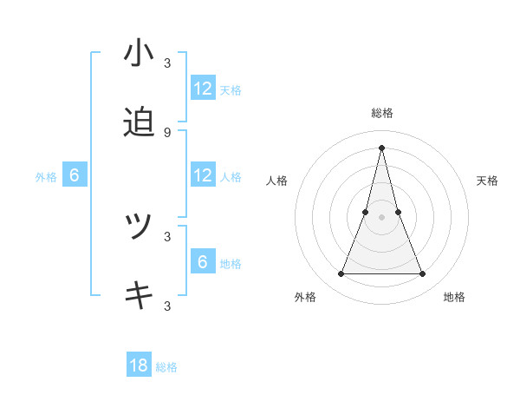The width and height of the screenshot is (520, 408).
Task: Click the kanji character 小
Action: tap(139, 53)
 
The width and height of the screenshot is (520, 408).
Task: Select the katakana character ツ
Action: tap(139, 227)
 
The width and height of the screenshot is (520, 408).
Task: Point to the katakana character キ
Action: tap(139, 296)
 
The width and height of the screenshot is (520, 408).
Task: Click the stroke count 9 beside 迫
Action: tap(166, 132)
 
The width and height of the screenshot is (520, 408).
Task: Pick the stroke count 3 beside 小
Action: tap(166, 63)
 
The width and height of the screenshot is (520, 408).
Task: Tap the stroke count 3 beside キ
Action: tap(166, 306)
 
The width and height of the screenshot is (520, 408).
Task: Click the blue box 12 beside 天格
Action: tap(203, 89)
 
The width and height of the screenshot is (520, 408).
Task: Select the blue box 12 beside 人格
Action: tap(203, 175)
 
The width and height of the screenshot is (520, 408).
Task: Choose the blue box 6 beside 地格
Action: tap(203, 262)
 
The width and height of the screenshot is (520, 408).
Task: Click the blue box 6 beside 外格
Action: tap(75, 175)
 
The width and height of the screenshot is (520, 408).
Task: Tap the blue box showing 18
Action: tap(139, 365)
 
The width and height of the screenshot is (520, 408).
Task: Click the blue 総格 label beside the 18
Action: tap(166, 367)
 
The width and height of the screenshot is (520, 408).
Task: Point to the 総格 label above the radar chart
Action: tap(381, 113)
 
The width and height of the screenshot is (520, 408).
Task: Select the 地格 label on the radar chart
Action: tap(454, 298)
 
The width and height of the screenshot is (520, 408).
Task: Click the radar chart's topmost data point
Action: tap(381, 146)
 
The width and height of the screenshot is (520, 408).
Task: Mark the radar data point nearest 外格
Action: tap(341, 274)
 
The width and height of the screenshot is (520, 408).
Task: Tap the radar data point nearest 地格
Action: tap(423, 274)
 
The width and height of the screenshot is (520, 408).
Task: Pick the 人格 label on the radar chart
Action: tap(277, 181)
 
